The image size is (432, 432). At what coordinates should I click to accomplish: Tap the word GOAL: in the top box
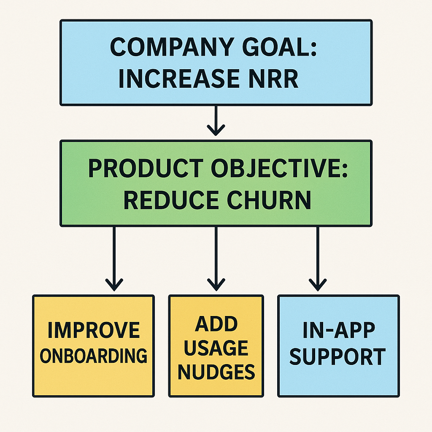pos(279,47)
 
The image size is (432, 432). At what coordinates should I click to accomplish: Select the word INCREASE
pos(179,78)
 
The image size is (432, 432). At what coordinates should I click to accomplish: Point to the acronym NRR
pos(274,78)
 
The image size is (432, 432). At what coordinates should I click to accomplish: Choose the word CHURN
pos(269,200)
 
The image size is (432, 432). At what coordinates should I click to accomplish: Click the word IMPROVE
pos(94,330)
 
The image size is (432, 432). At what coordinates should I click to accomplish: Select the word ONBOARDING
pos(94,355)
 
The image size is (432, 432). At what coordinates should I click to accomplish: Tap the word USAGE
pos(216,348)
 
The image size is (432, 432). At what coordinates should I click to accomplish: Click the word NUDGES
pos(216,372)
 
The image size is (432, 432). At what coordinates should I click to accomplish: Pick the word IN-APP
pos(339,330)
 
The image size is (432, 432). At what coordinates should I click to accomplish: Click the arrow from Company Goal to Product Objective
pos(216,121)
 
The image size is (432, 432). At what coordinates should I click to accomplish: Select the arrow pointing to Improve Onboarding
pos(114,259)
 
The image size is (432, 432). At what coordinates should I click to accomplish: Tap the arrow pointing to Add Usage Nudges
pos(216,259)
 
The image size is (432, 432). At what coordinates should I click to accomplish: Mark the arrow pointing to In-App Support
pos(318,259)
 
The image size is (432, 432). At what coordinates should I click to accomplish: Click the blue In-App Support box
pos(339,346)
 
